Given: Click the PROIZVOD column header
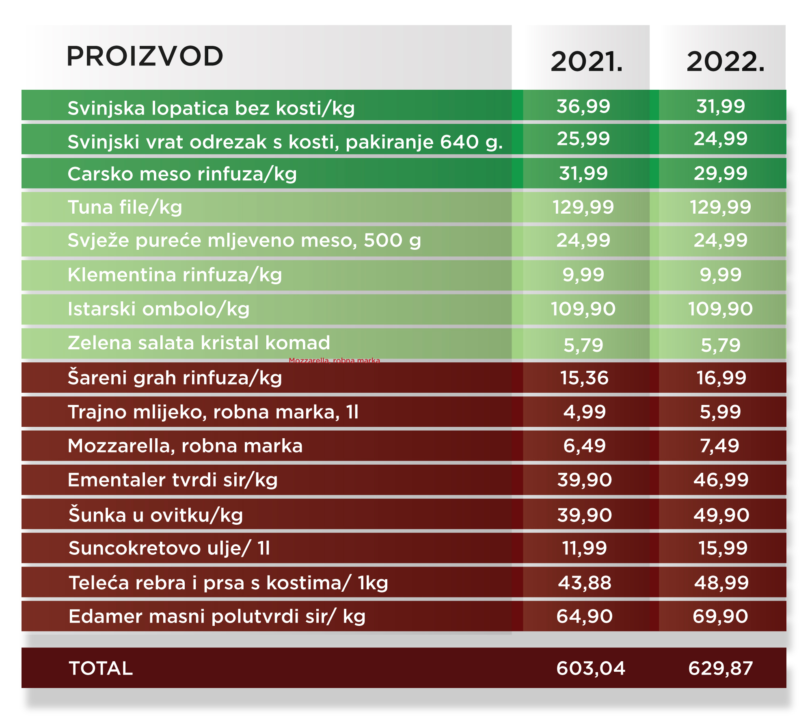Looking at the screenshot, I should pyautogui.click(x=145, y=56).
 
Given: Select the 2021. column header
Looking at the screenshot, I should pyautogui.click(x=586, y=62).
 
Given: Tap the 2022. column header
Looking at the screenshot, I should pyautogui.click(x=725, y=62).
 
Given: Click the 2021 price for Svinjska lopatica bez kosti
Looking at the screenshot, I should pyautogui.click(x=583, y=106).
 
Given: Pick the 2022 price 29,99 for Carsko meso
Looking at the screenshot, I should pyautogui.click(x=721, y=173).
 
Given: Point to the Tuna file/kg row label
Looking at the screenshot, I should pyautogui.click(x=125, y=207).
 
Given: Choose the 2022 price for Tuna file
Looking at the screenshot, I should pyautogui.click(x=721, y=207).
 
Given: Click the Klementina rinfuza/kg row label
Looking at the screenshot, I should pyautogui.click(x=175, y=275).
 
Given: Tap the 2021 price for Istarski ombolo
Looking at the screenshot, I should pyautogui.click(x=583, y=309).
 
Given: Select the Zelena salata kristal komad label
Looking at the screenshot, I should pyautogui.click(x=199, y=343).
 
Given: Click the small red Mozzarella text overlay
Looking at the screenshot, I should pyautogui.click(x=334, y=360).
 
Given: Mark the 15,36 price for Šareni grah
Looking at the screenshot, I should pyautogui.click(x=584, y=378).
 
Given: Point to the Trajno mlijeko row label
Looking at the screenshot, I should pyautogui.click(x=213, y=412).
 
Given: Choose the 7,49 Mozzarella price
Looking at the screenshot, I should pyautogui.click(x=719, y=446).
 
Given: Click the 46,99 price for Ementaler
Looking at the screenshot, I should pyautogui.click(x=721, y=480).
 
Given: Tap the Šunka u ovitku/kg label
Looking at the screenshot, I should pyautogui.click(x=155, y=515).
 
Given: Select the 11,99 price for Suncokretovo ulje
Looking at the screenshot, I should pyautogui.click(x=584, y=548).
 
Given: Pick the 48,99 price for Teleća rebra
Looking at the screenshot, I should pyautogui.click(x=721, y=583).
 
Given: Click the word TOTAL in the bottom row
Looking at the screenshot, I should pyautogui.click(x=101, y=669).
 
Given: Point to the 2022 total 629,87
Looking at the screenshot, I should pyautogui.click(x=721, y=669).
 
